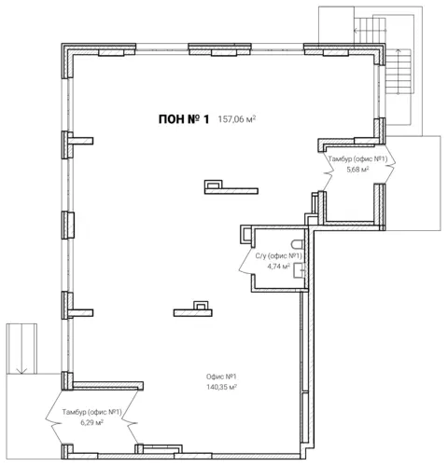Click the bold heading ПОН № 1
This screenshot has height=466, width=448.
click(x=184, y=119)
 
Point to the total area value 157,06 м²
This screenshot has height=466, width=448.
click(x=237, y=119)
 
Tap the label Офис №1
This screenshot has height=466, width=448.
click(x=221, y=377)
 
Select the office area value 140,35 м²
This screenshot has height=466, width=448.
click(x=222, y=387)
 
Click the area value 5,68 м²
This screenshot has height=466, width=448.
click(x=357, y=170)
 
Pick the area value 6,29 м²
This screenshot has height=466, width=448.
click(x=91, y=422)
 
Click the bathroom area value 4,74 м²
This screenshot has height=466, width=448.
click(x=279, y=267)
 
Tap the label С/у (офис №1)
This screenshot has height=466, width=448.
click(x=279, y=256)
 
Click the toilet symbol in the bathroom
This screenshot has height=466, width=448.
click(x=298, y=244)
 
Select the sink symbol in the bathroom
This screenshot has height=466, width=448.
click(x=300, y=270)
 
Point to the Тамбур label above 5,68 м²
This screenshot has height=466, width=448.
click(x=357, y=159)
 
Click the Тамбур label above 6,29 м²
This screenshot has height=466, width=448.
click(x=91, y=412)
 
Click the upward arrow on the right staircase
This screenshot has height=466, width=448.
click(x=399, y=71)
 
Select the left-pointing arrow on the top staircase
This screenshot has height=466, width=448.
click(x=371, y=31)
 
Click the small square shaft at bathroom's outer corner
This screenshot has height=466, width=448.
click(x=245, y=234)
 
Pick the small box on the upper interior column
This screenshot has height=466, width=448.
click(x=214, y=185)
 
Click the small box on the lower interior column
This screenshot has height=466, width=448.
click(x=201, y=306)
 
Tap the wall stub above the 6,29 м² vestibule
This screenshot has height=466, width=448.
click(x=108, y=386)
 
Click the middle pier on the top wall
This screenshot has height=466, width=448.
click(x=219, y=49)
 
